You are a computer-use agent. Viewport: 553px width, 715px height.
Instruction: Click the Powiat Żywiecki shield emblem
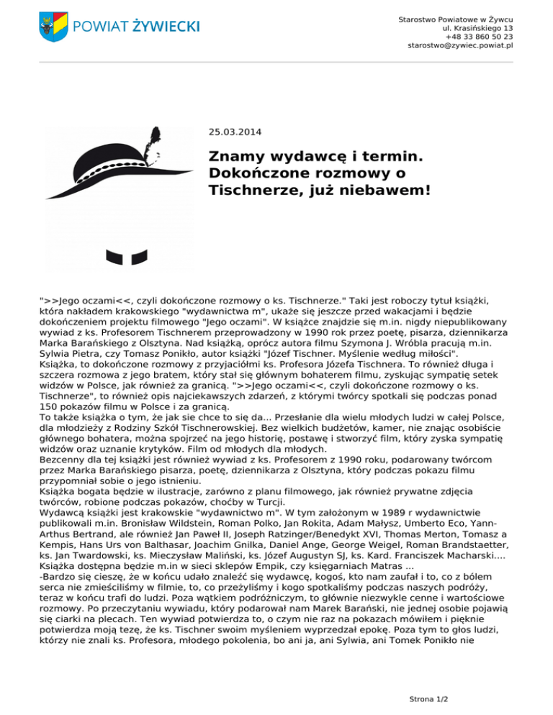tap(53, 27)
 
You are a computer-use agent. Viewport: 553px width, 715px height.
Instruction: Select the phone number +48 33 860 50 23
tap(479, 36)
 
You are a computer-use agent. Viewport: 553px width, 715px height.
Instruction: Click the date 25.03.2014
tap(235, 132)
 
